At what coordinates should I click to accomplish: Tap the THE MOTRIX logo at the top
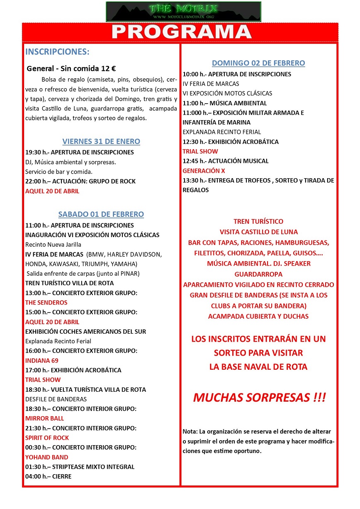[x=183, y=11]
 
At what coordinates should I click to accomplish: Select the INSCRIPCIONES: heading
[x=57, y=52]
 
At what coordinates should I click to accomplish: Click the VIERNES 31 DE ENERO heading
[x=101, y=141]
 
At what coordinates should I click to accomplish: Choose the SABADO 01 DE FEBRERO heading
[x=101, y=214]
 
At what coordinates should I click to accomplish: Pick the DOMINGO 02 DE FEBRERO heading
[x=258, y=63]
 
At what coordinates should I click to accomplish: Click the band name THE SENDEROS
[x=46, y=303]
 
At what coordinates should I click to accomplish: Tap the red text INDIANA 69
[x=42, y=361]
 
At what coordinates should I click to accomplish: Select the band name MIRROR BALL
[x=45, y=419]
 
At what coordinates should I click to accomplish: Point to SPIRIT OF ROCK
[x=47, y=438]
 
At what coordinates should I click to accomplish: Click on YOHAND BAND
[x=47, y=457]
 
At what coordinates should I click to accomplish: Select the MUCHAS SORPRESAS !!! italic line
[x=259, y=398]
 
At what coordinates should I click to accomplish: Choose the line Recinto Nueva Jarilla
[x=54, y=245]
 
